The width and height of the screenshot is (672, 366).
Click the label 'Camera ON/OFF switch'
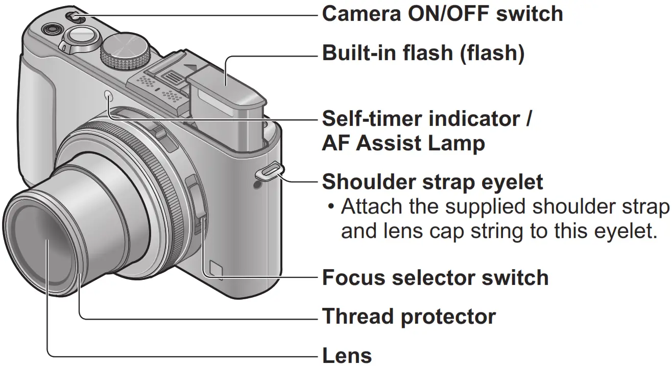(x=442, y=14)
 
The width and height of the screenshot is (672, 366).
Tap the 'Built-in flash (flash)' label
(x=423, y=54)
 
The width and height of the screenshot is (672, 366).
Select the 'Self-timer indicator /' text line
(x=427, y=120)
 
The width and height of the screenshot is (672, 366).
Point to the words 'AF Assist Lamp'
(x=403, y=144)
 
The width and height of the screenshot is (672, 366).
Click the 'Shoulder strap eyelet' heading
(x=432, y=182)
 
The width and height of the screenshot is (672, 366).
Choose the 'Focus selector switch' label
(x=435, y=278)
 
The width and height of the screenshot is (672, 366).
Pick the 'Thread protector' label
(x=409, y=317)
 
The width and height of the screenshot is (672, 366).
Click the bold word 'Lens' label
(x=347, y=355)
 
